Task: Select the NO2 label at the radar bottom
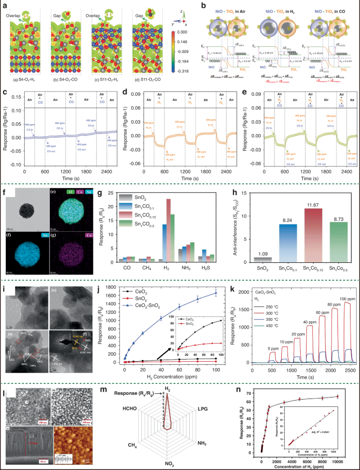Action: [x=168, y=464]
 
